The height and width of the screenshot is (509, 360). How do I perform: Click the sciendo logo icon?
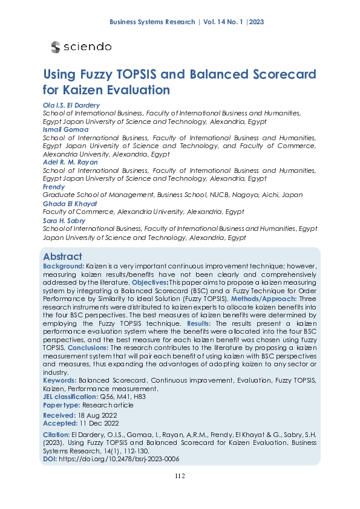click(x=56, y=47)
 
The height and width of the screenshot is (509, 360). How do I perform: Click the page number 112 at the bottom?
click(x=180, y=476)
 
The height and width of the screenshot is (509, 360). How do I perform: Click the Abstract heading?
click(x=62, y=256)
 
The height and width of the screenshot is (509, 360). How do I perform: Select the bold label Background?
click(x=64, y=266)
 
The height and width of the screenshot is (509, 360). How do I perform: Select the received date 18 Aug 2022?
click(x=96, y=416)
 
